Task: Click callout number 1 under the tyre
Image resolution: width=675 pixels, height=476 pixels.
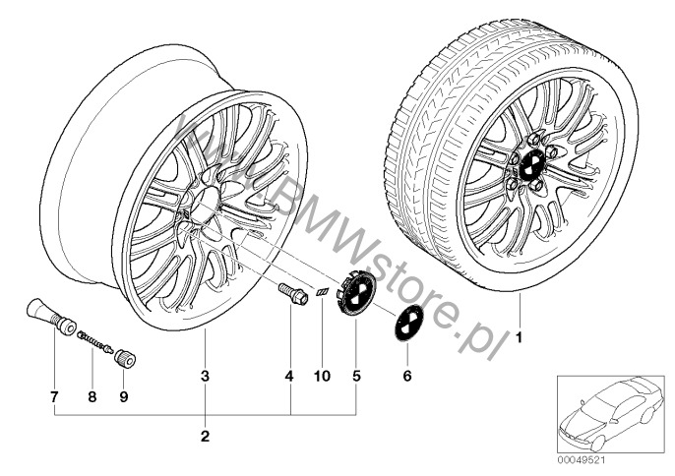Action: [x=519, y=337]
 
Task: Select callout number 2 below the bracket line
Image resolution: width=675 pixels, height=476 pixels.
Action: [x=205, y=436]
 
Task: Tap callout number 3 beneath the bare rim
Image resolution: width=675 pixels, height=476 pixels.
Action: [x=205, y=376]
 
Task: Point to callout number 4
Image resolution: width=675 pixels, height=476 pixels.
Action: [x=289, y=376]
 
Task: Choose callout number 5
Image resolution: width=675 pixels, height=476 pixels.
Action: [x=356, y=376]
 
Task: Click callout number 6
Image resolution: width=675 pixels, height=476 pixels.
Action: [x=406, y=376]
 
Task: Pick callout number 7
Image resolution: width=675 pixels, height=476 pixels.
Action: [x=54, y=396]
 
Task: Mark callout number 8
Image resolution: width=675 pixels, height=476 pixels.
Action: [x=92, y=396]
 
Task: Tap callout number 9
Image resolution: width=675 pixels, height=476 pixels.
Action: [x=124, y=396]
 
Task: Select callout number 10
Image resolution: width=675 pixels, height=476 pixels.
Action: [x=322, y=376]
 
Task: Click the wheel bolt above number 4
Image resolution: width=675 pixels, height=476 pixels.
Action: [x=293, y=293]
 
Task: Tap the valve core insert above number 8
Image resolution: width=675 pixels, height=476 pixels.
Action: [x=95, y=341]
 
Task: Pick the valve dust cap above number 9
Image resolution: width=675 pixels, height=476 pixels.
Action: [x=124, y=358]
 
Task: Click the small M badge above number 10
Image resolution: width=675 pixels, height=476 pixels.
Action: [x=322, y=292]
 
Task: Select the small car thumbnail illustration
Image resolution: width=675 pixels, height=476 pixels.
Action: [x=610, y=413]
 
